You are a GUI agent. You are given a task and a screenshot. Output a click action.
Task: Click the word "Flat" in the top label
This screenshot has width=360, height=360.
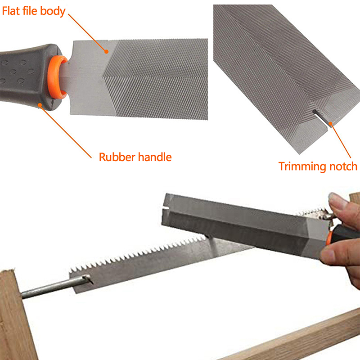tap(11, 11)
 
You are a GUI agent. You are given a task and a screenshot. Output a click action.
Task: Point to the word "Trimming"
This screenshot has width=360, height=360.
tap(302, 166)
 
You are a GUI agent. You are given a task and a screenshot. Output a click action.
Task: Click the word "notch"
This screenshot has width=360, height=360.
tap(343, 166)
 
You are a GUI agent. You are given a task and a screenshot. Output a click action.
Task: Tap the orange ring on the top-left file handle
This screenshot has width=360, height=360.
tap(56, 77)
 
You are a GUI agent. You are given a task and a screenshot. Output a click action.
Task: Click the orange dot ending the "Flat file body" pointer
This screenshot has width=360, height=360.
tap(106, 51)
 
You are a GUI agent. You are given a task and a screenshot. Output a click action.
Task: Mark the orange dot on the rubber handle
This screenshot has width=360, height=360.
tap(40, 105)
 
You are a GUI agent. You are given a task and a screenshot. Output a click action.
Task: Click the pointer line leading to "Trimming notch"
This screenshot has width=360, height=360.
tap(341, 141)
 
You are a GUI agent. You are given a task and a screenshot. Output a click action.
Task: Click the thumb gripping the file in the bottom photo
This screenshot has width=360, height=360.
tap(331, 255)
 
